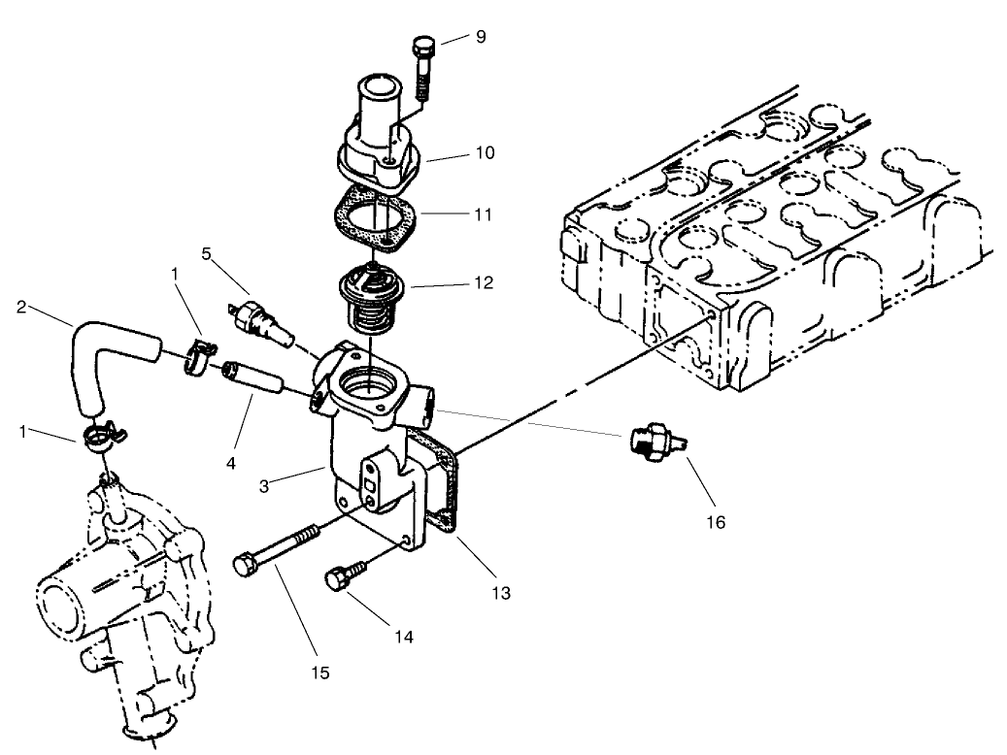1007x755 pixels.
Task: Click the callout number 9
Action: [480, 38]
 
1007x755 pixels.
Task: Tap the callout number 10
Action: [485, 152]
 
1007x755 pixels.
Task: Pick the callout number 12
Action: [484, 284]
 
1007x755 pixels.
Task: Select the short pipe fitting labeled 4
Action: [252, 378]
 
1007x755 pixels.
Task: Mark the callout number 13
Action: [501, 591]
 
